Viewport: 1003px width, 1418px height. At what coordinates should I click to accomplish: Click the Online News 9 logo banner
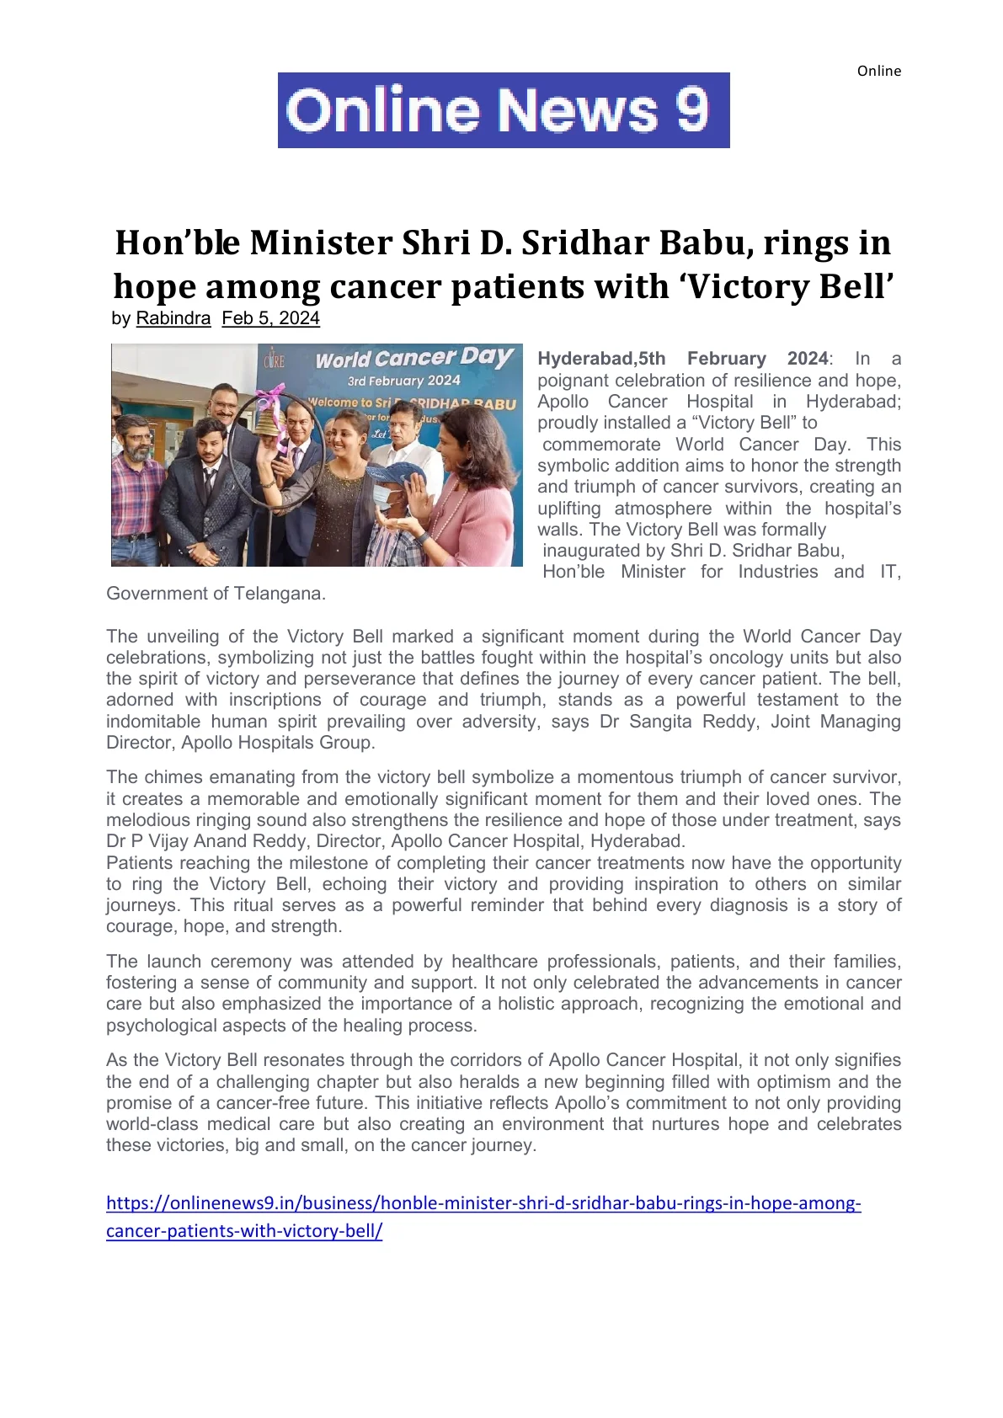pos(504,110)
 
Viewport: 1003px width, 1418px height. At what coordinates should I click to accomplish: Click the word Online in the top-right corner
pos(878,71)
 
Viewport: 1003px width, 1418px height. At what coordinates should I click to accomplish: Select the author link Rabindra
pos(173,318)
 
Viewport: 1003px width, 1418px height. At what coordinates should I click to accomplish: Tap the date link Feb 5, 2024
pos(270,318)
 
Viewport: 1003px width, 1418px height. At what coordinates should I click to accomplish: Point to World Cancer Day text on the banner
pos(413,358)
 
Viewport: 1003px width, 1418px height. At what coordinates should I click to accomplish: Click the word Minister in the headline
pos(321,243)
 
